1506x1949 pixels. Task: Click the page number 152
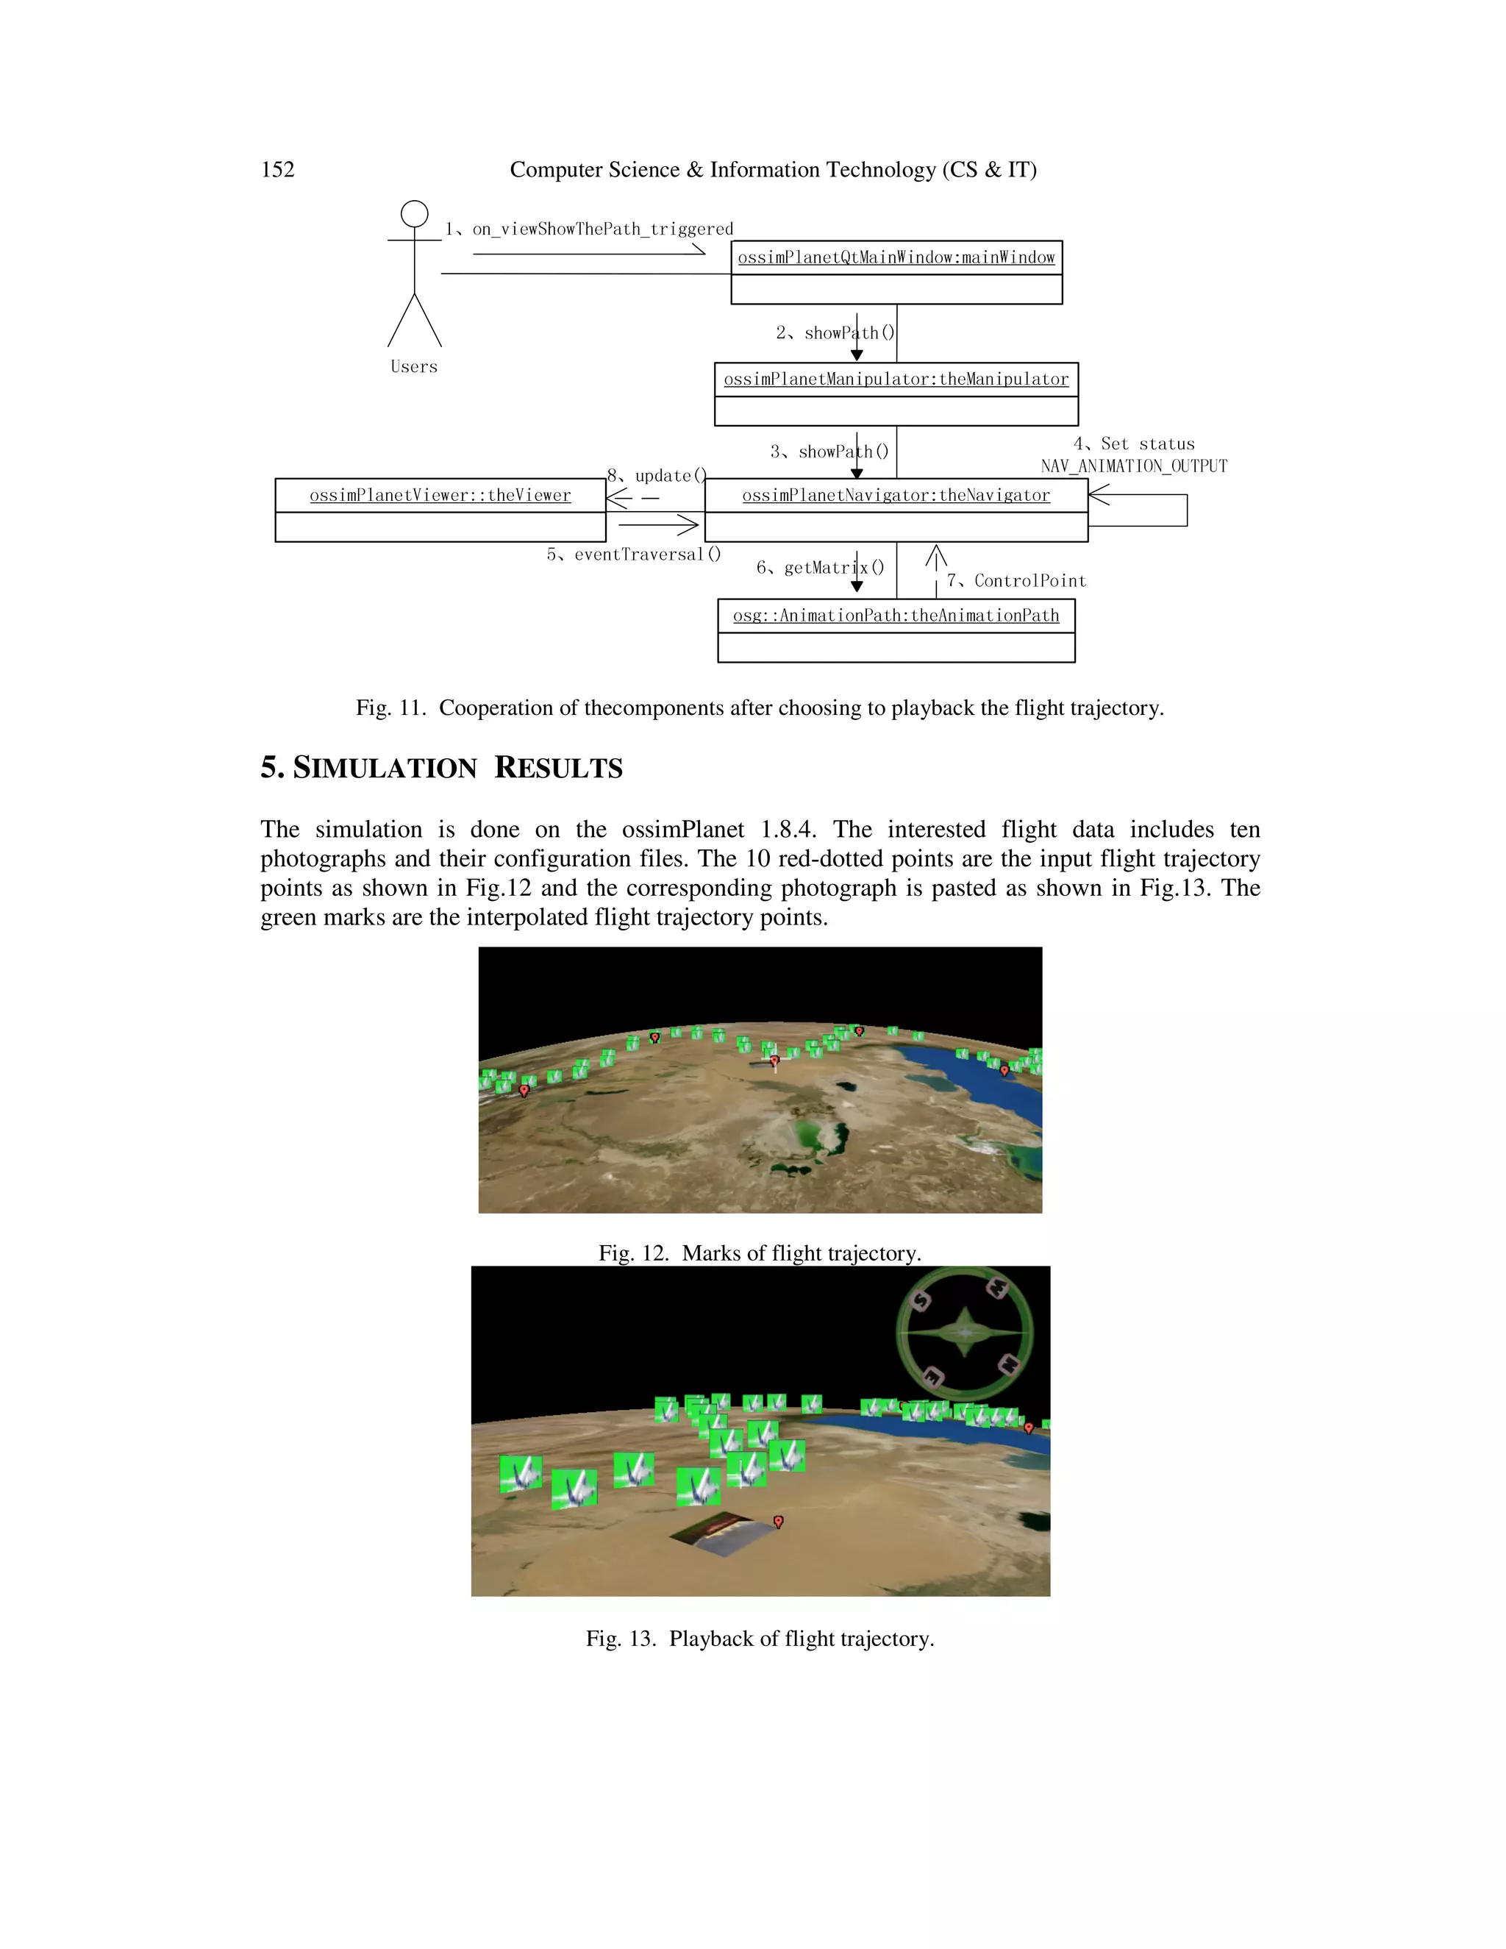pyautogui.click(x=277, y=170)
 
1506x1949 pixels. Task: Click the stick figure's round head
pyautogui.click(x=414, y=214)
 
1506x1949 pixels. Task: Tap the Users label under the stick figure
pyautogui.click(x=414, y=367)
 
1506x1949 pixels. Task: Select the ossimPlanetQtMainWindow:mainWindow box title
pyautogui.click(x=896, y=258)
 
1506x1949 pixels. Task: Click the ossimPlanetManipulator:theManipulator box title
pyautogui.click(x=896, y=380)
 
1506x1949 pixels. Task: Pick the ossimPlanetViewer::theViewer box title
pyautogui.click(x=440, y=495)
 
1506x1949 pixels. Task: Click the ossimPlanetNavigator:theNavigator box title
pyautogui.click(x=896, y=495)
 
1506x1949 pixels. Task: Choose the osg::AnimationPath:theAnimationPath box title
pyautogui.click(x=896, y=616)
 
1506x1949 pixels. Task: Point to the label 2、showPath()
pyautogui.click(x=834, y=333)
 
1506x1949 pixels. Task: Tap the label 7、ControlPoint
pyautogui.click(x=1016, y=581)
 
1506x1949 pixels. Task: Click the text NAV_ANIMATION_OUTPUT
pyautogui.click(x=1134, y=466)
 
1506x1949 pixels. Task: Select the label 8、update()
pyautogui.click(x=657, y=476)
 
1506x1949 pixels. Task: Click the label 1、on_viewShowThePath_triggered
pyautogui.click(x=589, y=229)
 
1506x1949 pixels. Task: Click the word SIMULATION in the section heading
pyautogui.click(x=385, y=769)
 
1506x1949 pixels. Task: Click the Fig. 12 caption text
pyautogui.click(x=759, y=1253)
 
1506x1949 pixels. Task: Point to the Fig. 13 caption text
pyautogui.click(x=759, y=1639)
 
